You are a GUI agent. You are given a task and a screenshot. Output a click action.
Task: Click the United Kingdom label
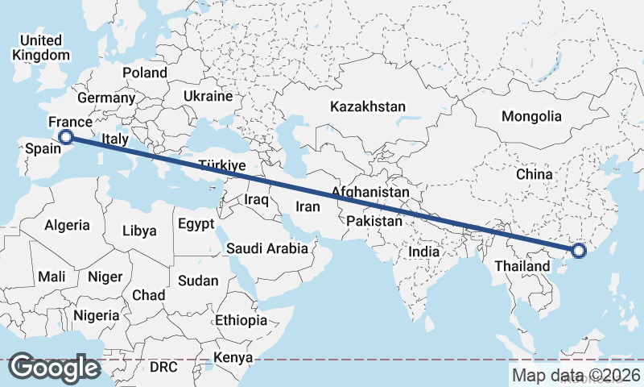[x=41, y=48]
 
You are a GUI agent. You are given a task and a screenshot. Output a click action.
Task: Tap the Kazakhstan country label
[x=368, y=106]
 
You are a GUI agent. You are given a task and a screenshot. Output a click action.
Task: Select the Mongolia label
[x=531, y=116]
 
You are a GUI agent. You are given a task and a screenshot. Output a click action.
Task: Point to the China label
[x=535, y=174]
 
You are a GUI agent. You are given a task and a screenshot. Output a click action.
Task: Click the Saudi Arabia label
[x=267, y=248]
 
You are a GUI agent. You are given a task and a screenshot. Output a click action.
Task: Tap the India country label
[x=424, y=252]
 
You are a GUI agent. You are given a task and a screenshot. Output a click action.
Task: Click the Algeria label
[x=68, y=226]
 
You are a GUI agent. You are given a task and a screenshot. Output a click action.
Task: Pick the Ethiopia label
[x=241, y=320]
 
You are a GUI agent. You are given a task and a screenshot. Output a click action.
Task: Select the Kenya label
[x=234, y=357]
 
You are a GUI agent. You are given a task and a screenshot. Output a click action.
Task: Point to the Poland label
[x=145, y=73]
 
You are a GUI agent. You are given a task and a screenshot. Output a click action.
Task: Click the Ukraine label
[x=208, y=96]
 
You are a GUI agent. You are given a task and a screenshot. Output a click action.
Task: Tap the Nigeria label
[x=96, y=315]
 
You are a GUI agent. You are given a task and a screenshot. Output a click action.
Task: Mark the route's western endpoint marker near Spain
[x=66, y=137]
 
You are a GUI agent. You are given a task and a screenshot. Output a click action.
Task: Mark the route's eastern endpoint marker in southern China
[x=578, y=252]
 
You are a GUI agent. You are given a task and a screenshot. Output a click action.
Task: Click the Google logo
[x=55, y=368]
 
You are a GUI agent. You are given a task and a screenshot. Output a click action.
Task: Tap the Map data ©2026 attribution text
[x=576, y=375]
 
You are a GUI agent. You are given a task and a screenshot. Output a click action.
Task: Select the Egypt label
[x=196, y=223]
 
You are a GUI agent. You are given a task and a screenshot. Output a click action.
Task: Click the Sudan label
[x=198, y=281]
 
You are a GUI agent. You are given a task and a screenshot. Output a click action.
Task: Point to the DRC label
[x=163, y=367]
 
